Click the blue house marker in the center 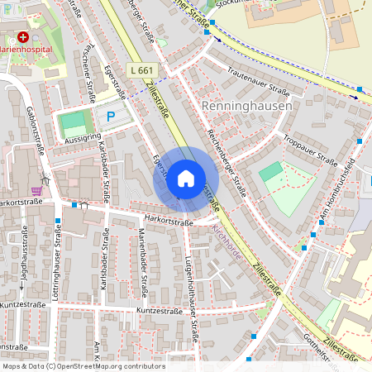[x=186, y=178]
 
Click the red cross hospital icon [x=23, y=37]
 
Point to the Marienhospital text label [x=25, y=49]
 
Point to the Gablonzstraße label [x=35, y=129]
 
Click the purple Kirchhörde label [x=227, y=241]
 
